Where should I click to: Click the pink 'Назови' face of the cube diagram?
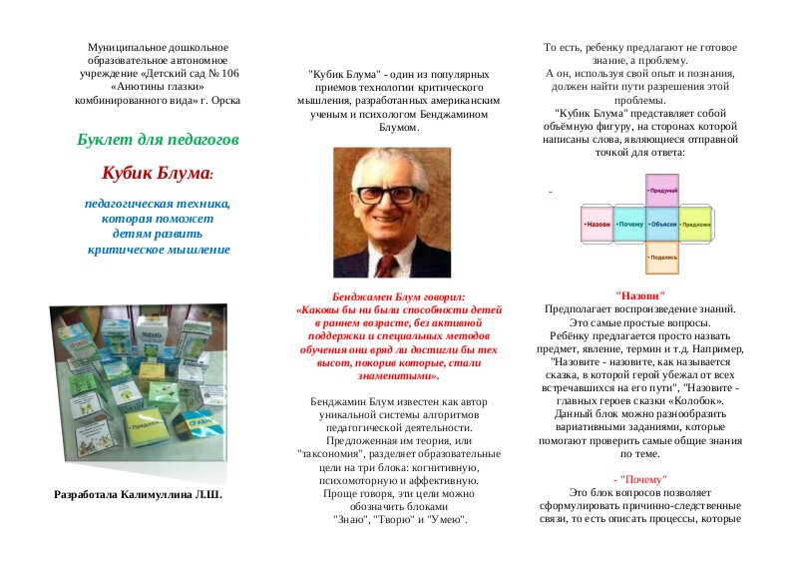[x=597, y=224]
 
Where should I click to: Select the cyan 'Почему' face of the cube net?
[x=629, y=224]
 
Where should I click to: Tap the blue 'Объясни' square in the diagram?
[x=661, y=224]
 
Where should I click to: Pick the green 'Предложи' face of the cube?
[x=695, y=224]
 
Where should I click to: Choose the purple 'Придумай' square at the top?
[x=661, y=190]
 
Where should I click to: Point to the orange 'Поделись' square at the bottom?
[x=661, y=257]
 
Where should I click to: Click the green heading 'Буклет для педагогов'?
[x=158, y=138]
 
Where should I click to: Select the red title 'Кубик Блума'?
[x=156, y=173]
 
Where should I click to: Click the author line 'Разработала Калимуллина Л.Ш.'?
[x=138, y=494]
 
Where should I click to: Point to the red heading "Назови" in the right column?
[x=640, y=295]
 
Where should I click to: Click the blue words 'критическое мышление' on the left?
[x=158, y=249]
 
